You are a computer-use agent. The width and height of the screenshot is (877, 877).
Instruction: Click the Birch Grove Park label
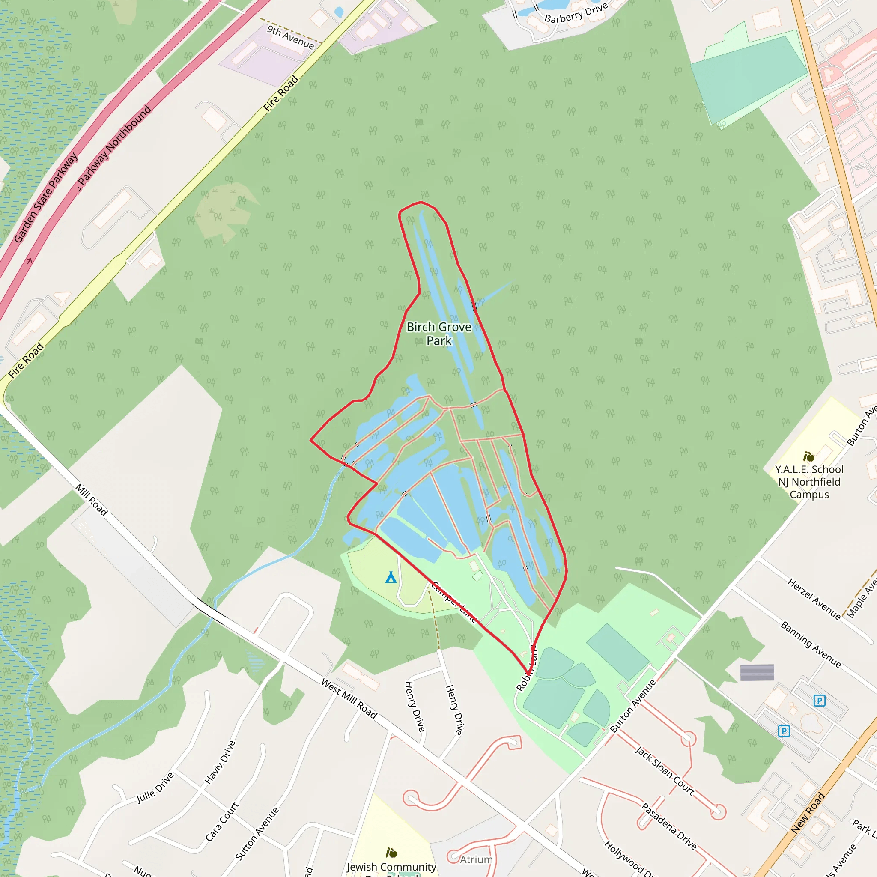438,334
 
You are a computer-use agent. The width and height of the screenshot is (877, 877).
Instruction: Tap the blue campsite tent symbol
391,577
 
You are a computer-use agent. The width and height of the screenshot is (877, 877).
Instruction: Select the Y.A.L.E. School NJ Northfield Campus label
809,482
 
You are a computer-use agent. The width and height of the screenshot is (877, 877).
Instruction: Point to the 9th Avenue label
290,37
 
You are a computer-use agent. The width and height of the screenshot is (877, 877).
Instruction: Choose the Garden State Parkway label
45,198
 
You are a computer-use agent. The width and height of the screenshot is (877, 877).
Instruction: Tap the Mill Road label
91,500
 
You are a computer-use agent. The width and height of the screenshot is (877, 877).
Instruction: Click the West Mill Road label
349,698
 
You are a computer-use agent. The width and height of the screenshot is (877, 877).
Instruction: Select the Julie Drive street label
155,788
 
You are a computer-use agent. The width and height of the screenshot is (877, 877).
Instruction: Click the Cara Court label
221,822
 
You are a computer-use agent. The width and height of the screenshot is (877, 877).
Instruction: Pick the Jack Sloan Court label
664,771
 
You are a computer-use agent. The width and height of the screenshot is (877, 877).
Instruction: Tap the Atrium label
476,859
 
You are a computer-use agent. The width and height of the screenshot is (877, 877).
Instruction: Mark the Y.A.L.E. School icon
808,456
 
